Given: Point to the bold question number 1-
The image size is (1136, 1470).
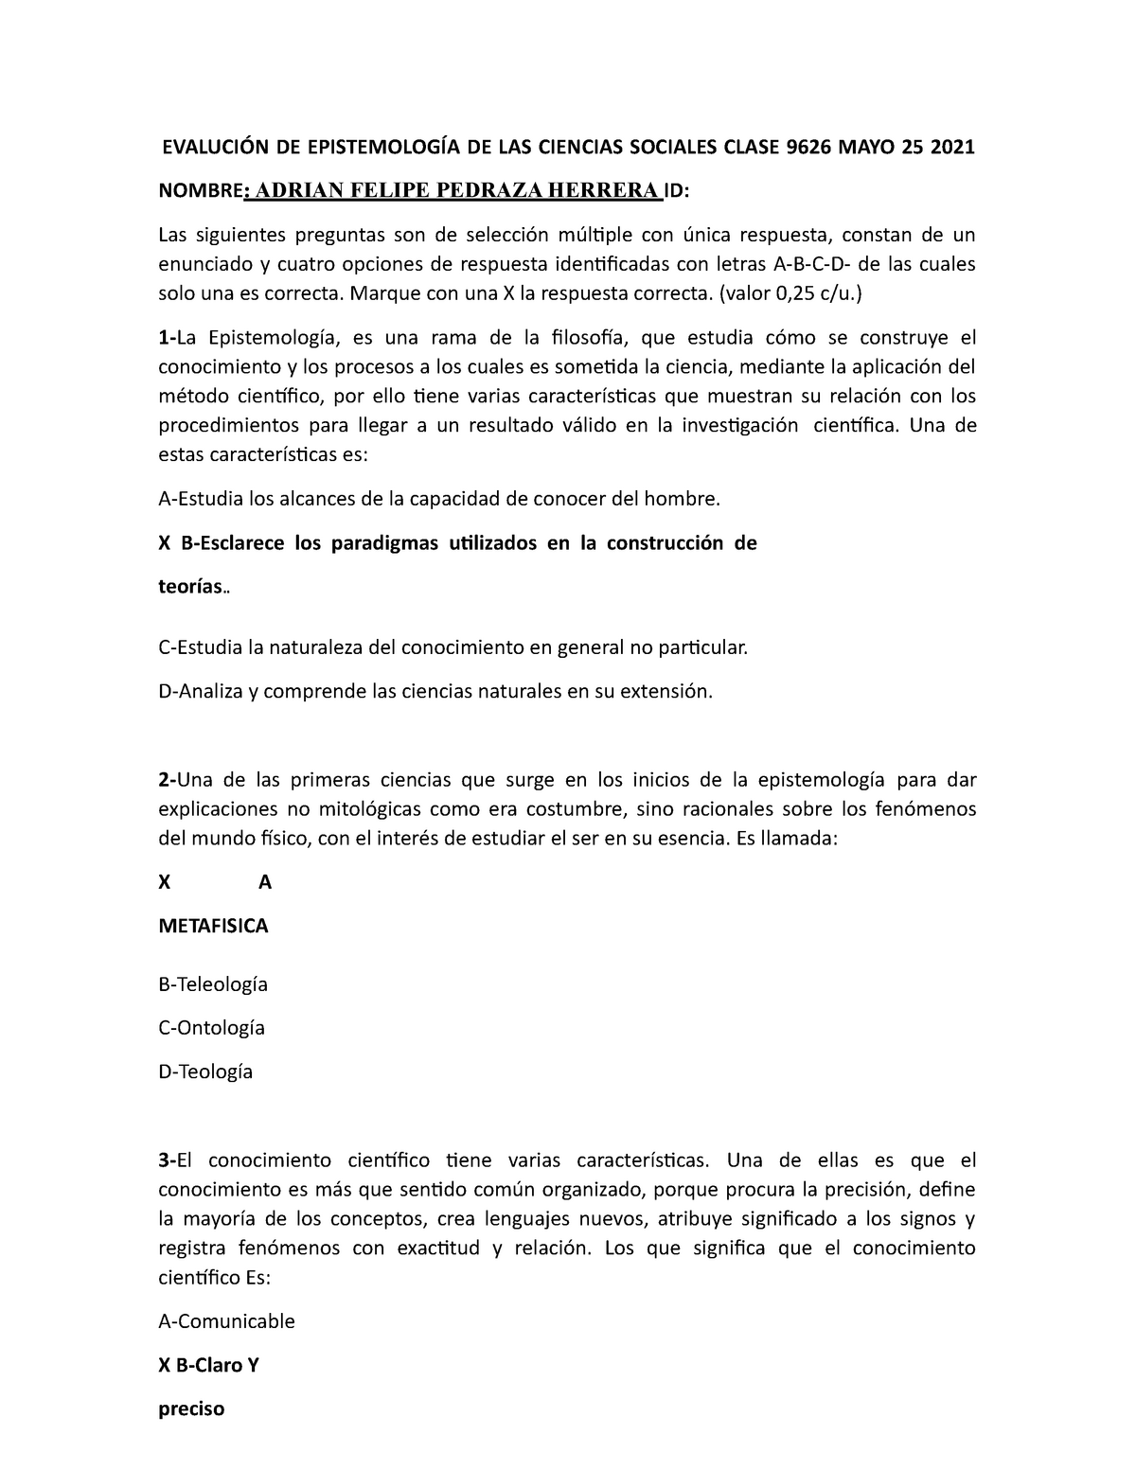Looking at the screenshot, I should coord(168,338).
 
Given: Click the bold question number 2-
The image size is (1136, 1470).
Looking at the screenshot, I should coord(168,780).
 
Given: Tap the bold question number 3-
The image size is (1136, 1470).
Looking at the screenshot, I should coord(168,1160).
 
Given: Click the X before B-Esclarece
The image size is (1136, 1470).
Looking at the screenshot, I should coord(163,543).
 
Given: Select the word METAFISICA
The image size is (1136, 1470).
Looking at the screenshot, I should coord(213,926).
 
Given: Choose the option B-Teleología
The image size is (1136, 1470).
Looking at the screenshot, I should coord(213,984).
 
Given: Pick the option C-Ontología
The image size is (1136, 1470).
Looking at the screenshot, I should coord(211,1028).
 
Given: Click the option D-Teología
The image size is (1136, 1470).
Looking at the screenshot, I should coord(205,1072).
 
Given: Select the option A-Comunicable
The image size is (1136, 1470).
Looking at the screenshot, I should coord(226,1320).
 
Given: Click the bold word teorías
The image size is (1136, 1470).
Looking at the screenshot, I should coord(189,587).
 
